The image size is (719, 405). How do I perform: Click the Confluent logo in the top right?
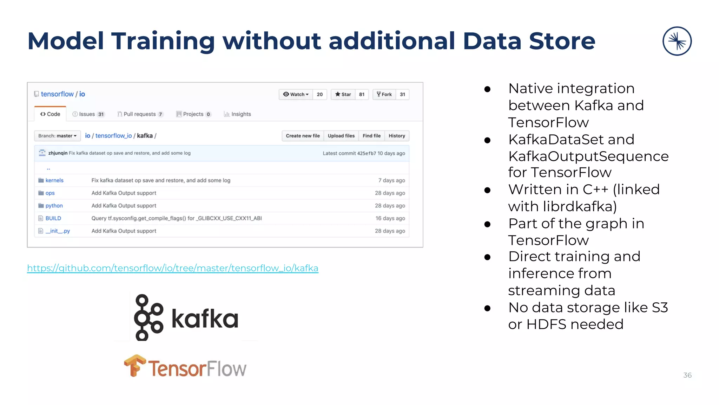pyautogui.click(x=677, y=41)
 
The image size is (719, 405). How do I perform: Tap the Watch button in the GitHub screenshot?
pyautogui.click(x=296, y=94)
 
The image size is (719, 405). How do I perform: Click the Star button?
pyautogui.click(x=343, y=94)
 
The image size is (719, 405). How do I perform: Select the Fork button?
pyautogui.click(x=384, y=94)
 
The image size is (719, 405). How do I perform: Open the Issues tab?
pyautogui.click(x=88, y=114)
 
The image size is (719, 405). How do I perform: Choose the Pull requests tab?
pyautogui.click(x=140, y=114)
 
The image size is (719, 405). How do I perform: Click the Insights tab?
pyautogui.click(x=238, y=114)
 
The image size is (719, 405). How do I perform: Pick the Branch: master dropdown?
pyautogui.click(x=57, y=136)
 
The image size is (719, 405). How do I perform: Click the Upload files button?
pyautogui.click(x=341, y=136)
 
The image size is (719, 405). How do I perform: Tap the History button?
pyautogui.click(x=397, y=136)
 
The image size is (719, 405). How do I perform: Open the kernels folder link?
pyautogui.click(x=54, y=180)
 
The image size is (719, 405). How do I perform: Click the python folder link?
pyautogui.click(x=54, y=206)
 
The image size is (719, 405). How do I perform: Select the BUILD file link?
pyautogui.click(x=53, y=218)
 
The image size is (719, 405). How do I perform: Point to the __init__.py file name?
pyautogui.click(x=58, y=231)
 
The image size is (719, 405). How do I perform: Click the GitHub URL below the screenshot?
pyautogui.click(x=173, y=268)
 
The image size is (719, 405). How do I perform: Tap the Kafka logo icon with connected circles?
pyautogui.click(x=149, y=317)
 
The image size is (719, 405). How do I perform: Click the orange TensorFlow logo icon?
pyautogui.click(x=135, y=366)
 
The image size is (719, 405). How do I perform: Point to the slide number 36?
pyautogui.click(x=687, y=375)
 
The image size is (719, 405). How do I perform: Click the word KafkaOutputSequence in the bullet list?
pyautogui.click(x=588, y=156)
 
